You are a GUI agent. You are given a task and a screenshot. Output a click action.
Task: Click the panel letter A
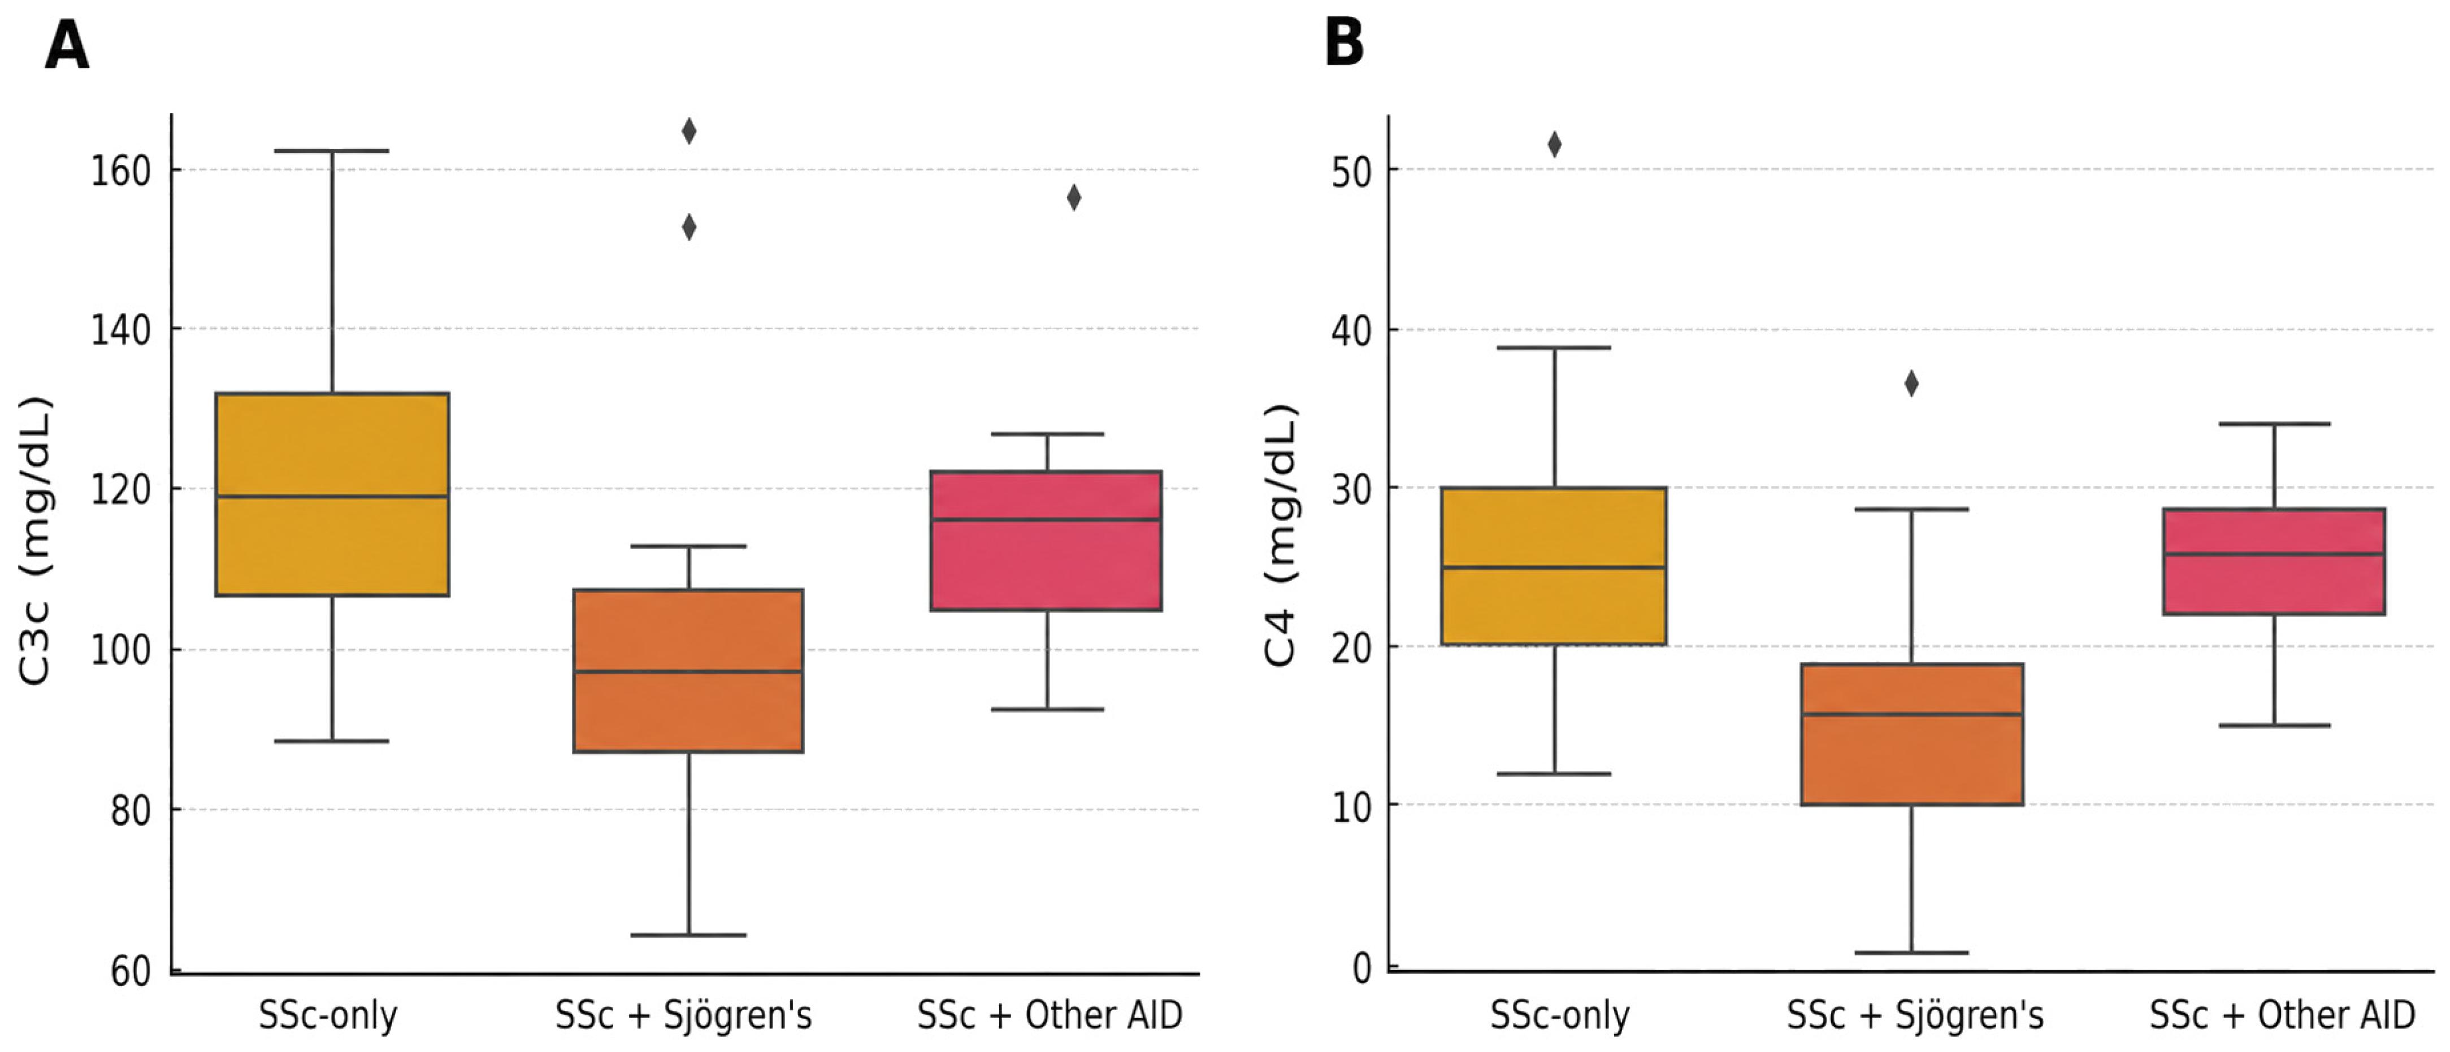[x=67, y=45]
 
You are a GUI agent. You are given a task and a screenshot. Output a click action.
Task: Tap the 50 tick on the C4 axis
[x=1351, y=172]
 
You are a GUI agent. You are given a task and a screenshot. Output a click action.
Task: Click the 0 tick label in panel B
[x=1362, y=968]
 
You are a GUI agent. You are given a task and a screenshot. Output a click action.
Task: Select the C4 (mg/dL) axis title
[x=1280, y=536]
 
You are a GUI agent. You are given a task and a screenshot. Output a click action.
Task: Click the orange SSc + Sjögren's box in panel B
[x=1912, y=734]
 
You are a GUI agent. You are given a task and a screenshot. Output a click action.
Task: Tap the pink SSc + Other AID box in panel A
[x=1046, y=540]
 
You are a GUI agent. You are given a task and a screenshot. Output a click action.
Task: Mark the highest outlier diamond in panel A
[x=688, y=131]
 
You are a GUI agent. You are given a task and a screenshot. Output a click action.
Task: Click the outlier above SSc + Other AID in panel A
[x=1074, y=198]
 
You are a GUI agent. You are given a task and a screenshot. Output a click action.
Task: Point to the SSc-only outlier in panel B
[x=1555, y=145]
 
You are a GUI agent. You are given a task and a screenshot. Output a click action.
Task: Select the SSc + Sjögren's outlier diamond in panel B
[x=1911, y=384]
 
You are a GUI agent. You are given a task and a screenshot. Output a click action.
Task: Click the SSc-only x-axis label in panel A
[x=328, y=1016]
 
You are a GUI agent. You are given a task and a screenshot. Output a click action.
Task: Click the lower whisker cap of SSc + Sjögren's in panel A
[x=688, y=935]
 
